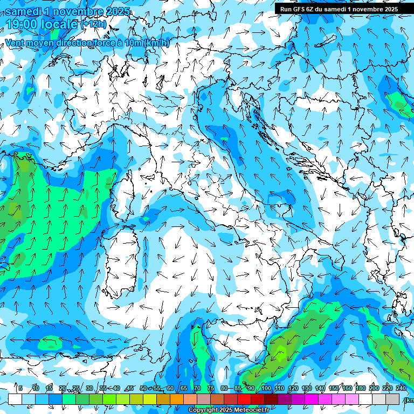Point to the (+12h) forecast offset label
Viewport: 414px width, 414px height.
coord(94,24)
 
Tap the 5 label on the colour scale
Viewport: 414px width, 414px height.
coord(20,389)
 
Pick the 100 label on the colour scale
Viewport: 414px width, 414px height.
coord(266,389)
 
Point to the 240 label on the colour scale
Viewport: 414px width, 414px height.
coord(401,389)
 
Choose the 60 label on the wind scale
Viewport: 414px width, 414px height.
coord(170,389)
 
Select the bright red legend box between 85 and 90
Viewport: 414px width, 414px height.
coord(244,399)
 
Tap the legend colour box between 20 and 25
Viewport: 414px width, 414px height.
coord(69,399)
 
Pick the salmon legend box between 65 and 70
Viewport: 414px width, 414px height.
coord(190,399)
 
